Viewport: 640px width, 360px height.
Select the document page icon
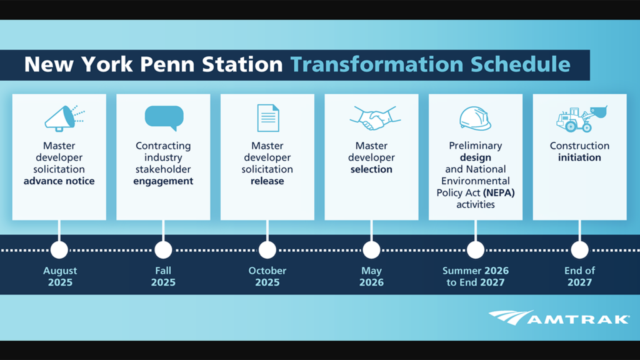[x=268, y=118]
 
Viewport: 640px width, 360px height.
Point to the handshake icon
[x=375, y=118]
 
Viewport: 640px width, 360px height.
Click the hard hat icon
[x=475, y=118]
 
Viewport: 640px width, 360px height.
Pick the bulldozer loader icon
[x=582, y=119]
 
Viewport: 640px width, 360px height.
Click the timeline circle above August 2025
[x=59, y=250]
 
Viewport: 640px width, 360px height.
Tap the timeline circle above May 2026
[x=371, y=250]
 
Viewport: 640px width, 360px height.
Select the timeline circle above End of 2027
[x=579, y=250]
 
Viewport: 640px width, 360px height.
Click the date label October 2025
[x=267, y=276]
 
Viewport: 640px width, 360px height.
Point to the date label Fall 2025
[x=163, y=276]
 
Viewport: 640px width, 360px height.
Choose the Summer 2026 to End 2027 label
[x=476, y=276]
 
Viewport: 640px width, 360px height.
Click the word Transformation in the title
[x=377, y=64]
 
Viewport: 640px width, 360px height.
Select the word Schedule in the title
[x=521, y=64]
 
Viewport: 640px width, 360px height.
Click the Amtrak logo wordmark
[x=559, y=318]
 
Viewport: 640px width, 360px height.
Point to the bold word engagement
[x=163, y=181]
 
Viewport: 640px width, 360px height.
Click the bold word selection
[x=371, y=169]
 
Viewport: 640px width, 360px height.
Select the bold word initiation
[x=579, y=157]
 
